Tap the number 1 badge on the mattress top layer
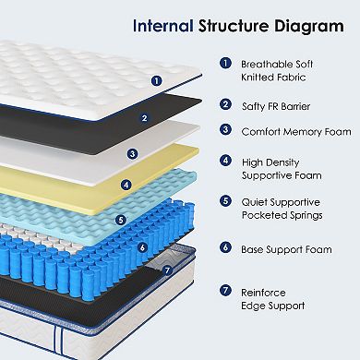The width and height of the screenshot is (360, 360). tap(155, 80)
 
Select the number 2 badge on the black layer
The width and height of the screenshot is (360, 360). tap(144, 117)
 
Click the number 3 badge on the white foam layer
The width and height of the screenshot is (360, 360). tap(132, 153)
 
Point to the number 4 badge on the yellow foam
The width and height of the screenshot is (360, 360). tap(126, 183)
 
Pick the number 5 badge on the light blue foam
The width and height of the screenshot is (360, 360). tap(120, 220)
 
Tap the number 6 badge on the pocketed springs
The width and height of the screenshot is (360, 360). tap(115, 246)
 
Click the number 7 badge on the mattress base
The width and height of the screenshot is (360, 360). tap(166, 270)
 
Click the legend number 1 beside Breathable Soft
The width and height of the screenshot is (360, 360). tap(225, 65)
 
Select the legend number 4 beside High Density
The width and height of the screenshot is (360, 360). tap(225, 161)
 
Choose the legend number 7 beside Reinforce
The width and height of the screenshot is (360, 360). tap(225, 291)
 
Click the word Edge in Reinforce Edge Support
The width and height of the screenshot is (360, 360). tap(261, 305)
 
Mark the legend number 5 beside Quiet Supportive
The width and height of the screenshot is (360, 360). tap(225, 200)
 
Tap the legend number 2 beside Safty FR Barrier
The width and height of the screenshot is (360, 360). tap(225, 104)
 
